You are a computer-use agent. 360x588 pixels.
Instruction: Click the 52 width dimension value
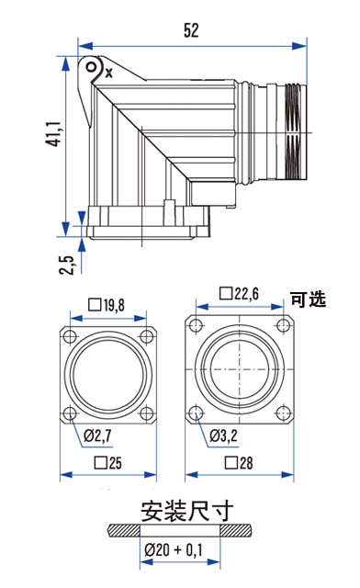(x=191, y=30)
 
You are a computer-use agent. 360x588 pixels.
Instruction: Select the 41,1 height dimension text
(x=52, y=134)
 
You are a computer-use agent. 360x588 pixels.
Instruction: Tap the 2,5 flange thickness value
(x=66, y=265)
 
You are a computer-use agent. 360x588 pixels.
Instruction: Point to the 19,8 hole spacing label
(x=107, y=305)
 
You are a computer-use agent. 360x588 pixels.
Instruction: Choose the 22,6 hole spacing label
(x=239, y=294)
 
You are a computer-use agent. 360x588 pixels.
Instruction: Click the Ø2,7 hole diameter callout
(x=97, y=435)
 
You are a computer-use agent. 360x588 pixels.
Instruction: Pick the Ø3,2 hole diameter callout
(x=223, y=435)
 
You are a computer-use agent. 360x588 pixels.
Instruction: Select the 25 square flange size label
(x=108, y=463)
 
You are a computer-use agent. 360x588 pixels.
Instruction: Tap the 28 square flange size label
(x=239, y=463)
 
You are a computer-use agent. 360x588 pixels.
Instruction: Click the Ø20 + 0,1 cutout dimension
(x=174, y=550)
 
